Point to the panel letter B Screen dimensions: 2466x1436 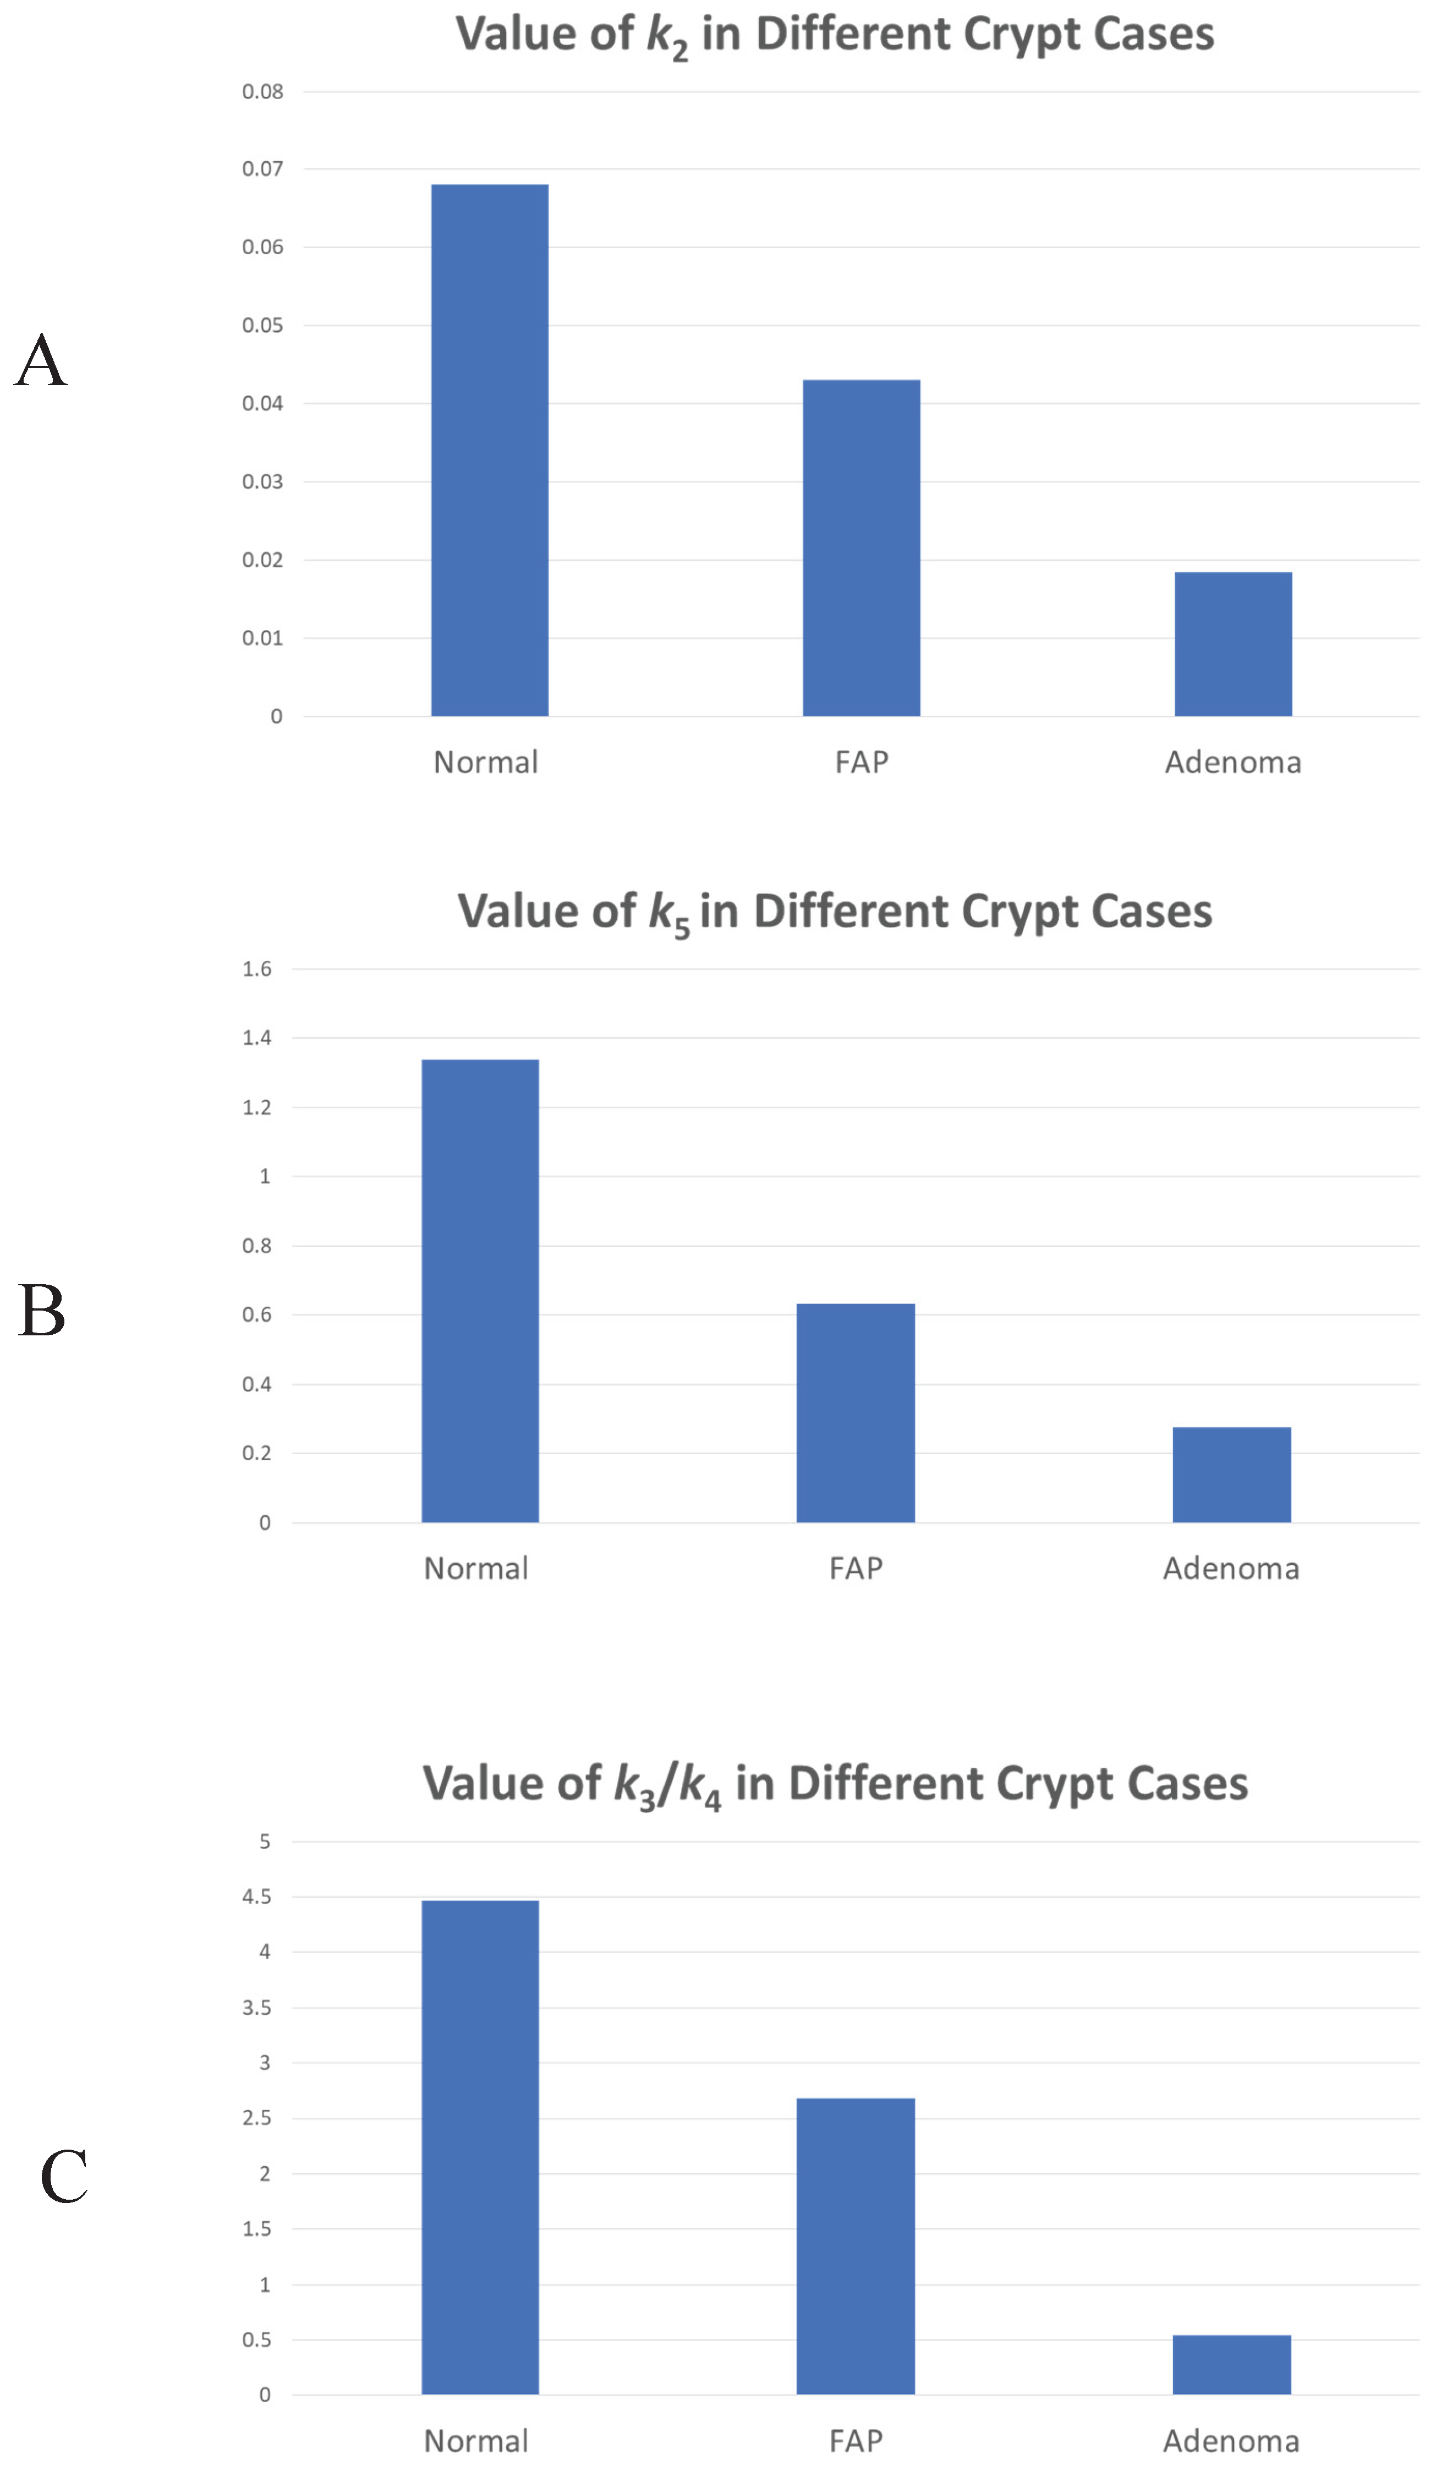pos(41,1311)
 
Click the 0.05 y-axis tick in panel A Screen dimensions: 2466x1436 pos(262,325)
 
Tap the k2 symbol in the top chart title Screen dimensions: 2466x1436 pos(667,36)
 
